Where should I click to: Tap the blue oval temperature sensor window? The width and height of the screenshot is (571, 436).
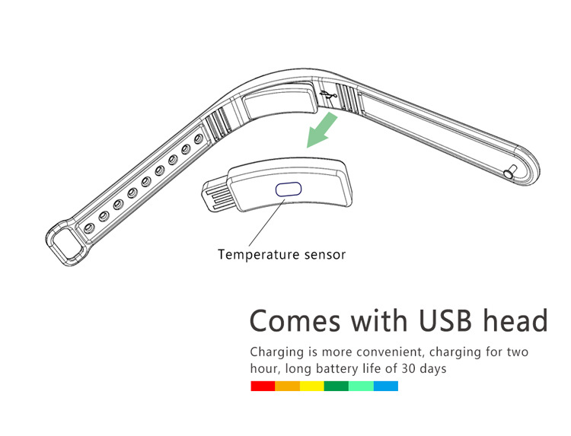(289, 189)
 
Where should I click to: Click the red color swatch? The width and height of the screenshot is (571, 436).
(263, 387)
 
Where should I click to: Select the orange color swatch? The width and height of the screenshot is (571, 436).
(287, 387)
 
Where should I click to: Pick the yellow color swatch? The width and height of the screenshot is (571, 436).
(312, 387)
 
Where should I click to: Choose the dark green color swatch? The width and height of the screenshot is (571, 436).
(336, 387)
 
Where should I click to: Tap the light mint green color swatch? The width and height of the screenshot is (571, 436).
(361, 387)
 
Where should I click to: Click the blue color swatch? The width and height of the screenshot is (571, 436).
(385, 387)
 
